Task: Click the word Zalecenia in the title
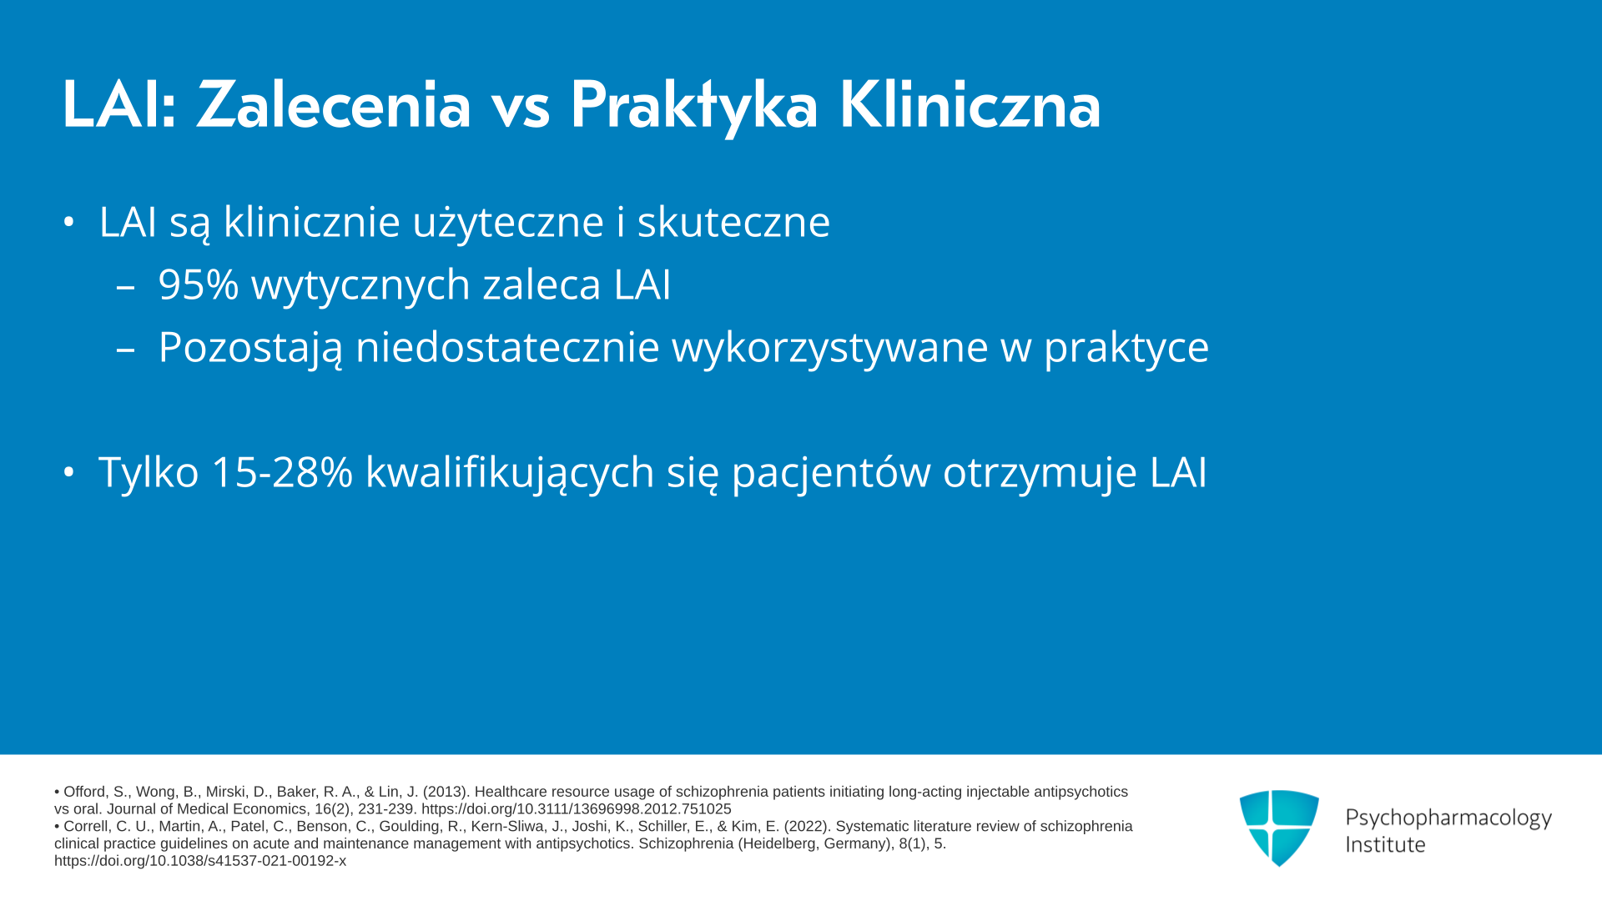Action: (x=335, y=105)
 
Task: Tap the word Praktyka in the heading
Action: (x=694, y=107)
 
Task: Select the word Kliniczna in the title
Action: (x=970, y=105)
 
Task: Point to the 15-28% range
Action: (x=282, y=472)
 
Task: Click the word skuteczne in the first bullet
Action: (x=734, y=221)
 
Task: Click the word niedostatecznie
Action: (x=507, y=346)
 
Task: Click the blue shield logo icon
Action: (x=1279, y=828)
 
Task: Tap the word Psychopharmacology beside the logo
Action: (x=1448, y=818)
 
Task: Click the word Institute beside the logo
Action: (x=1386, y=844)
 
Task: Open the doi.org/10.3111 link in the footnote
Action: (x=577, y=809)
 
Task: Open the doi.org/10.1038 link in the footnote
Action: (x=200, y=861)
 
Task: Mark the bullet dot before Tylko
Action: (x=69, y=472)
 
